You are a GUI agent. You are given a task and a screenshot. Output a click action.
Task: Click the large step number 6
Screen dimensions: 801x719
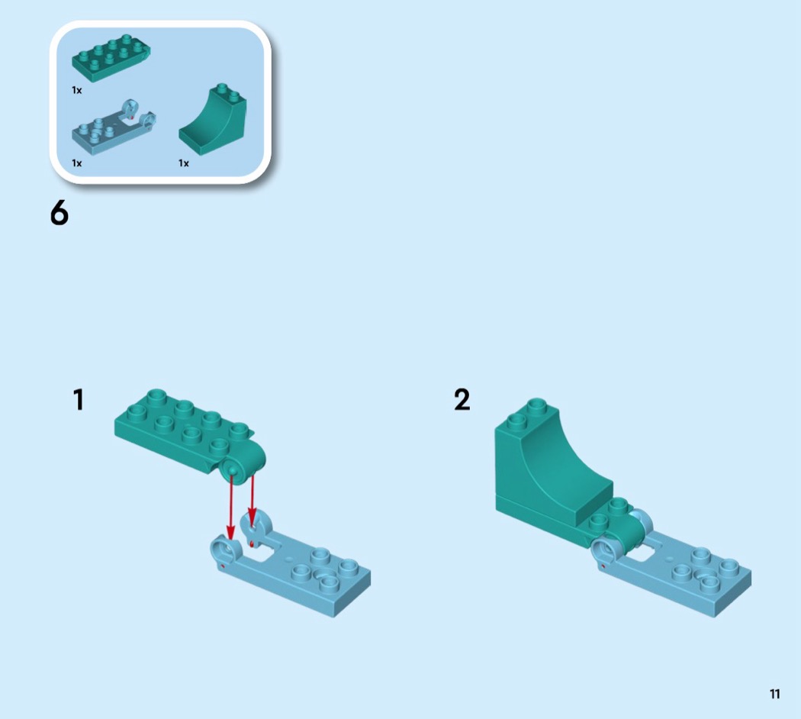(60, 212)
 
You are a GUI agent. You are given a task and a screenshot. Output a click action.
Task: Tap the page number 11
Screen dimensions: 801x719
(774, 694)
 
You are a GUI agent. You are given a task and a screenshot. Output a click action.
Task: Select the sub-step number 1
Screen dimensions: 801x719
(78, 400)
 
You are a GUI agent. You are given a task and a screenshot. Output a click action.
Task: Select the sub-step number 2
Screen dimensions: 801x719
(462, 400)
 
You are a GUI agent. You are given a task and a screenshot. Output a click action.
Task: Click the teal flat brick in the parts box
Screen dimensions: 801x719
(111, 58)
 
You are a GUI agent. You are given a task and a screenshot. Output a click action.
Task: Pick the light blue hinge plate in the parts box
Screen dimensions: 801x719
(114, 127)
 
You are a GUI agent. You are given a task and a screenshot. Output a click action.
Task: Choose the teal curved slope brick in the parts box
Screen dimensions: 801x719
(213, 120)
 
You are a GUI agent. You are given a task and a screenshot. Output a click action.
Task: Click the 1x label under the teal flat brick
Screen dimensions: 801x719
(76, 91)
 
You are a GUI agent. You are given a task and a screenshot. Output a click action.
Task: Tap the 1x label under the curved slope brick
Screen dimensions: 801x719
(183, 163)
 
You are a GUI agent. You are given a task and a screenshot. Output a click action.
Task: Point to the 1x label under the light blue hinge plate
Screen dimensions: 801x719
(76, 163)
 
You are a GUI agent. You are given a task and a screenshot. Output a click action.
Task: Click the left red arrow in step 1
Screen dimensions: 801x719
(231, 507)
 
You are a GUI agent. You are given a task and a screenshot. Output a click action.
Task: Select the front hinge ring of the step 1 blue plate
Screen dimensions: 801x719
(225, 550)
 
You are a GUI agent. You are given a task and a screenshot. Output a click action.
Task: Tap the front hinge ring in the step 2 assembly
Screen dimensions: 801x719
(606, 553)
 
